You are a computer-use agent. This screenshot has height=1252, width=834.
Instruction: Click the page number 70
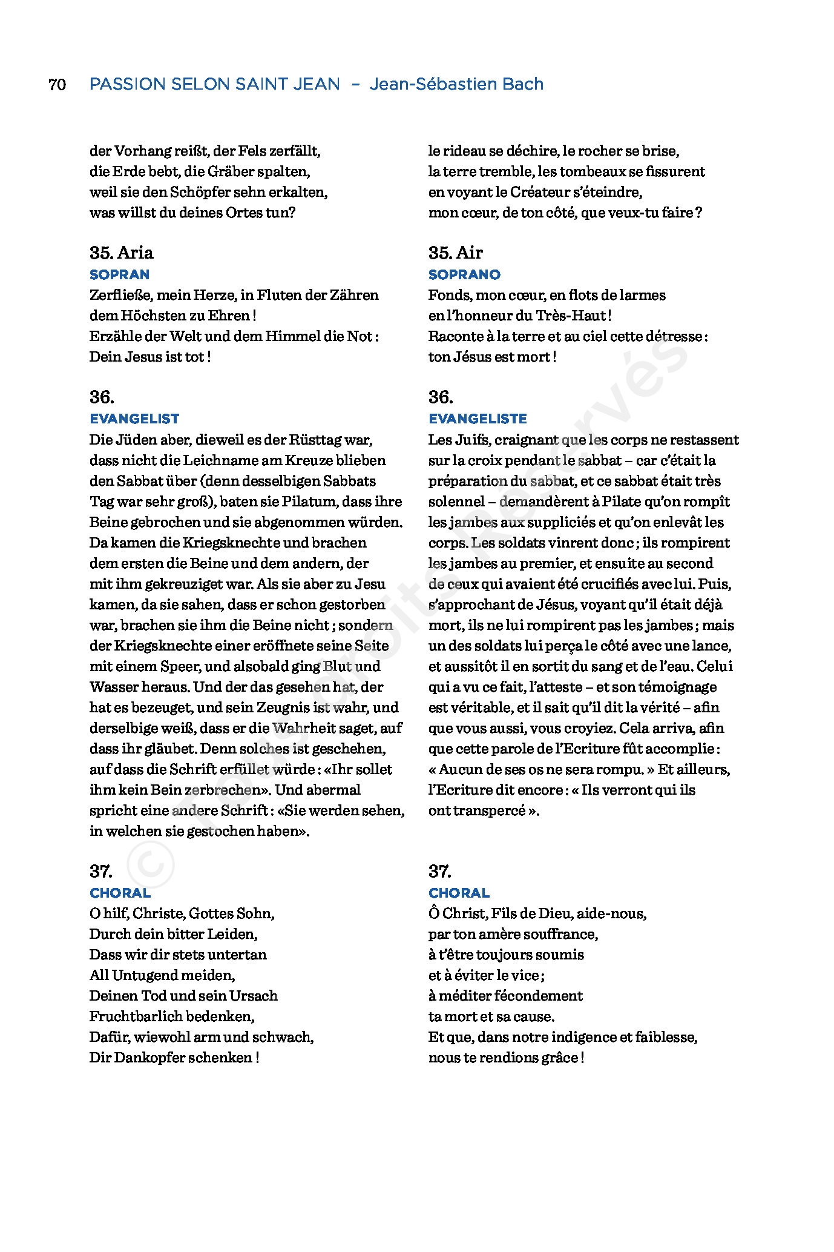tap(57, 84)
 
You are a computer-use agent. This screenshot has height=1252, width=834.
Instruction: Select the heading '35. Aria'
tap(121, 253)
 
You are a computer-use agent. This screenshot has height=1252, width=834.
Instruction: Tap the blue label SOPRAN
tap(119, 274)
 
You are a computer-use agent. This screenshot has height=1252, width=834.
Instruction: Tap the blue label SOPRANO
tap(464, 274)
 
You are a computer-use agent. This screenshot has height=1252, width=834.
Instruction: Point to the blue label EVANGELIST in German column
tap(134, 419)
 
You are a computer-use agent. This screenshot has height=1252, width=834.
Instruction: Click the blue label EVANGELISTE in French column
tap(478, 419)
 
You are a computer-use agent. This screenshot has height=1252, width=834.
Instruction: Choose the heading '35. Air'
tap(455, 253)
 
